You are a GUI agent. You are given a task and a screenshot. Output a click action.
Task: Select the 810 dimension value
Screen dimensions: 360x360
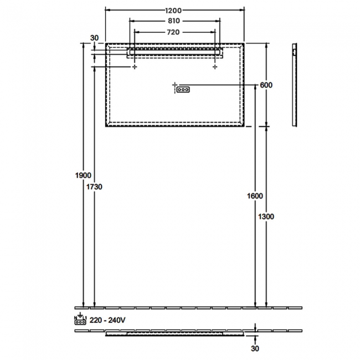[x=174, y=21]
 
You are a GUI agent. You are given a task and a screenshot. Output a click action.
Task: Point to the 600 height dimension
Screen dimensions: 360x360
[x=266, y=85]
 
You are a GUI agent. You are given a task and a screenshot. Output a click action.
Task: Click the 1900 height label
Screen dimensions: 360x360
[x=83, y=175]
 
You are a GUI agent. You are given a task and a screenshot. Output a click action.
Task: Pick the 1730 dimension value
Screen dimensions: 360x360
[x=95, y=187]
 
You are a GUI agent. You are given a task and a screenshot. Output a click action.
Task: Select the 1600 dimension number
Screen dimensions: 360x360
[x=255, y=196]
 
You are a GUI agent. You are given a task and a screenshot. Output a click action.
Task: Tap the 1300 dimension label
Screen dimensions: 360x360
[x=266, y=217]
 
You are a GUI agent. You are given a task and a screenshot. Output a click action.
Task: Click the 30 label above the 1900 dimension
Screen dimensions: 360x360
[x=94, y=38]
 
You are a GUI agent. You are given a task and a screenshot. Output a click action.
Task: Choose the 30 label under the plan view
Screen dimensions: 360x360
[x=255, y=349]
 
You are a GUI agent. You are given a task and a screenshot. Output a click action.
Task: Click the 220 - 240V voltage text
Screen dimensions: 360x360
[x=107, y=320]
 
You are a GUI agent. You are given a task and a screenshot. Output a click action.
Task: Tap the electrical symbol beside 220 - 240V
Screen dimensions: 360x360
[x=80, y=318]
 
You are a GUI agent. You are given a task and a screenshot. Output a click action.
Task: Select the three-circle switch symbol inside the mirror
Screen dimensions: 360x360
[x=183, y=89]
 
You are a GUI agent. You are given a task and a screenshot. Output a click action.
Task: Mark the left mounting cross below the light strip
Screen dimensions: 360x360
[x=135, y=66]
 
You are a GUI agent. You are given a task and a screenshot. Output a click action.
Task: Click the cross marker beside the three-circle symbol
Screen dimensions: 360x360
[x=175, y=85]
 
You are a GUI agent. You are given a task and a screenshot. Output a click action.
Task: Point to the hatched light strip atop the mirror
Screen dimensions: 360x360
[x=174, y=52]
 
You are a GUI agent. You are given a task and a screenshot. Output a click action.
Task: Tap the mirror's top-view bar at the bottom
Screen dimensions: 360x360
[x=174, y=334]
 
